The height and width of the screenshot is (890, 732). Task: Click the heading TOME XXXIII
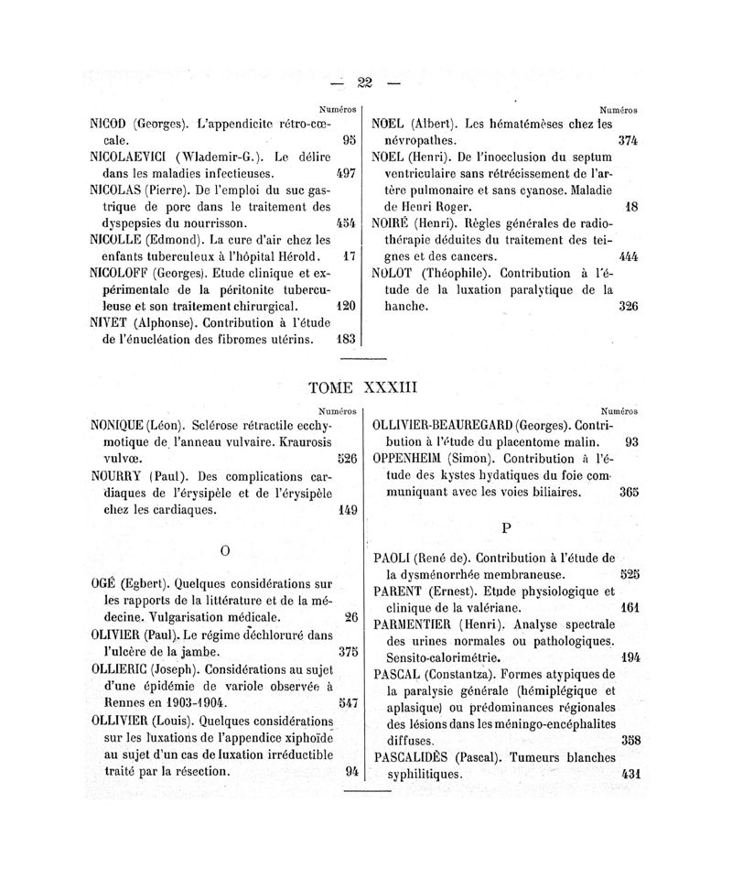[x=363, y=387]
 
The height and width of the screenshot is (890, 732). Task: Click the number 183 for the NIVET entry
[x=346, y=339]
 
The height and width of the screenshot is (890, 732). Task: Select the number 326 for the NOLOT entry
[x=628, y=306]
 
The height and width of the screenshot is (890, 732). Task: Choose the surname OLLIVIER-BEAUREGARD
[x=442, y=425]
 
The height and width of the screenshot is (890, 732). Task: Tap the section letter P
[x=504, y=528]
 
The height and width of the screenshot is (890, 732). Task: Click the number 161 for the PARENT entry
[x=628, y=606]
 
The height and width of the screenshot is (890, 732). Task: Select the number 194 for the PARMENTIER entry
[x=628, y=657]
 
